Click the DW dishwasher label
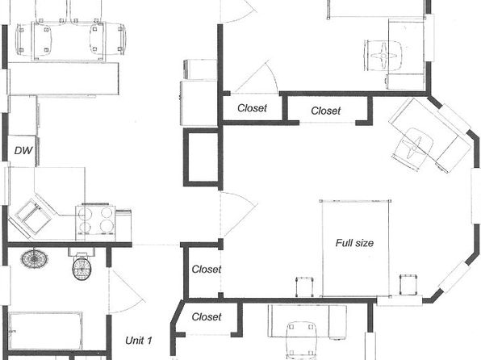pos(23,150)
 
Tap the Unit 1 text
pos(138,341)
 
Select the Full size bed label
pos(354,243)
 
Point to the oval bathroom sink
pos(35,259)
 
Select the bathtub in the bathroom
pos(45,331)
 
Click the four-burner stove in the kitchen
pos(95,222)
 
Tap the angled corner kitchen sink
pos(31,217)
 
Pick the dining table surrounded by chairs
pos(69,41)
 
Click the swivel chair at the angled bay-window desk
pos(412,149)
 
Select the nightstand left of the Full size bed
pos(304,287)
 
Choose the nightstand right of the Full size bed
pos(408,284)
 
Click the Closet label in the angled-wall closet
pos(206,316)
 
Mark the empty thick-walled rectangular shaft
pos(203,157)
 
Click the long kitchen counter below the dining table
pos(64,78)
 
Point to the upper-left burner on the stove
pos(85,213)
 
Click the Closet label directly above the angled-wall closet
pos(206,269)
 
